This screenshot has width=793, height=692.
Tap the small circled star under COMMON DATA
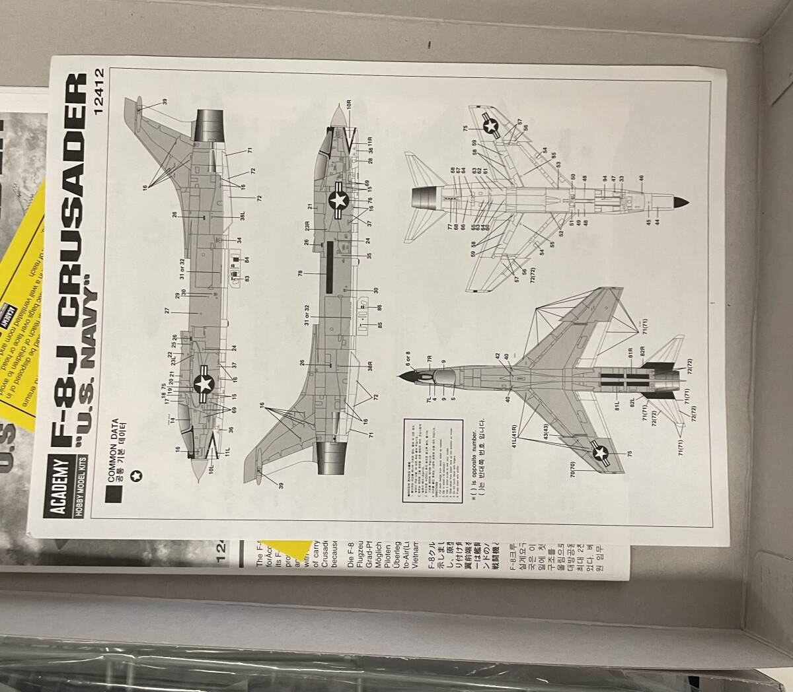click(x=137, y=475)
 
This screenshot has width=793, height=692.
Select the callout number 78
click(x=301, y=273)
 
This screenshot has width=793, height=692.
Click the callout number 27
click(x=168, y=310)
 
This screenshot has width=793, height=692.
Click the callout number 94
click(x=604, y=178)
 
